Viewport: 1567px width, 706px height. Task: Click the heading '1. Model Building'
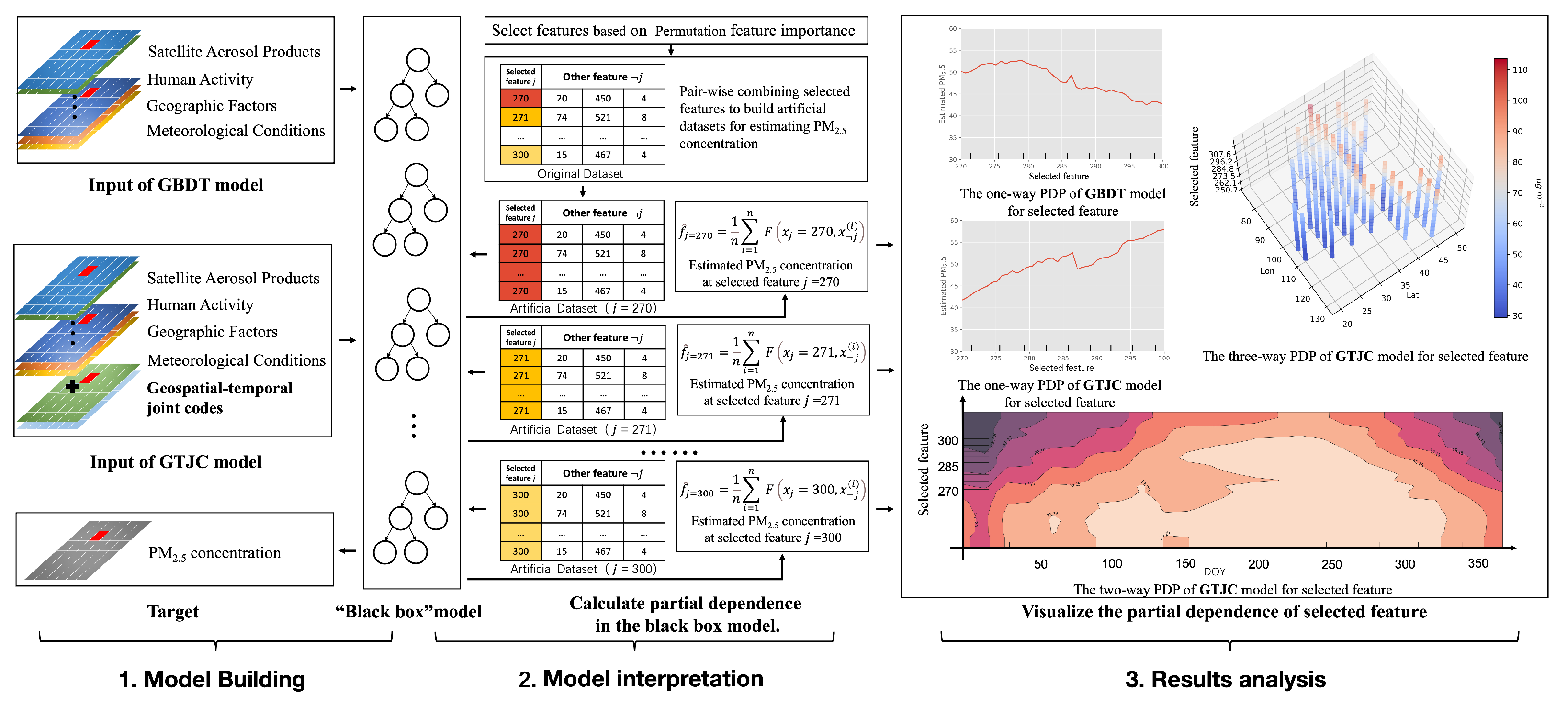(212, 679)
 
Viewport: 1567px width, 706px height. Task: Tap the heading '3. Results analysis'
(1225, 679)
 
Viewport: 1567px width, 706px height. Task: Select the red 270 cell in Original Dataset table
(520, 98)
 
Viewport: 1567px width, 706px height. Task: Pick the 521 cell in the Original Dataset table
(603, 117)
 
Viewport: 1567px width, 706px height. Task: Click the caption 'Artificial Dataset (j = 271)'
(583, 429)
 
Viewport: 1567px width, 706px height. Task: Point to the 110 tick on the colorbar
(1520, 70)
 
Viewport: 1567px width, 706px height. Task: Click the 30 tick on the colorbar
(1517, 315)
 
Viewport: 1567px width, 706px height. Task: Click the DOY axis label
(1214, 572)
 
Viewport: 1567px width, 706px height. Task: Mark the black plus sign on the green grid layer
(72, 386)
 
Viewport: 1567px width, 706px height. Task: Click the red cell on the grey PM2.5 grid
(99, 536)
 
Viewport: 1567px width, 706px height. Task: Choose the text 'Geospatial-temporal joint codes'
(220, 398)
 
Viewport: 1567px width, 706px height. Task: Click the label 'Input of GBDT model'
(176, 185)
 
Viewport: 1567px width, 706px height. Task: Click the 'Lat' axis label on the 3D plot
(1412, 295)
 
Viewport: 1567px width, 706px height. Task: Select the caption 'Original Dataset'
(580, 174)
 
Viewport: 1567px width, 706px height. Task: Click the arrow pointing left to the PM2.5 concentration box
(347, 551)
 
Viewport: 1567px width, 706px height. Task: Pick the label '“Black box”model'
(408, 611)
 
